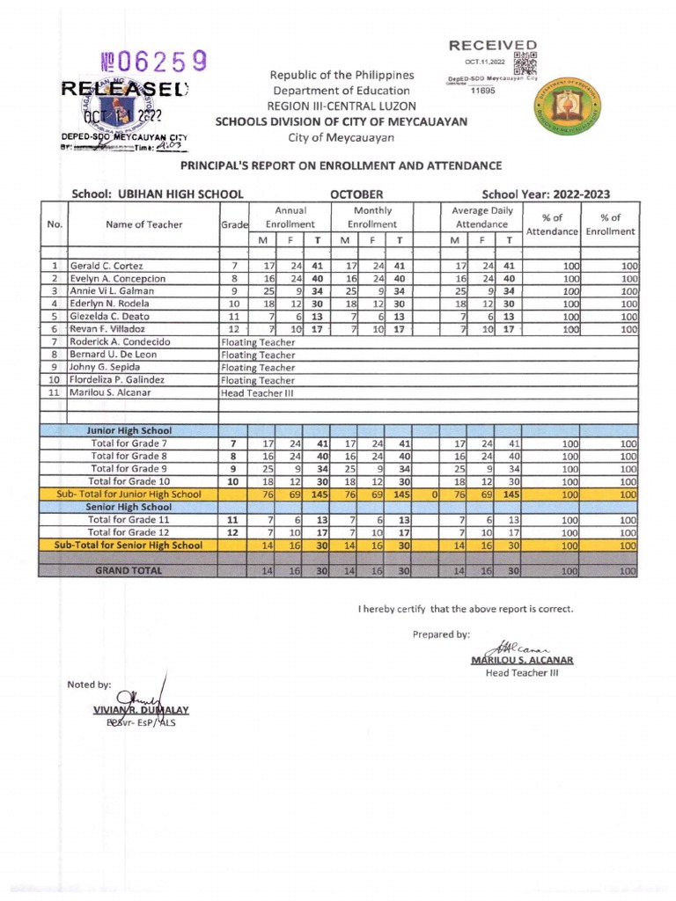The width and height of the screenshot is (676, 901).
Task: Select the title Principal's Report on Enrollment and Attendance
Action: point(341,165)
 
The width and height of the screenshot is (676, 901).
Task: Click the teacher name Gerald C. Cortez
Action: point(107,265)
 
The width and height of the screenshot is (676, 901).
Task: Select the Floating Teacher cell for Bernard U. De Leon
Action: point(258,355)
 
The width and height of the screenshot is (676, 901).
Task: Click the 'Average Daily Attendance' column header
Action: point(481,218)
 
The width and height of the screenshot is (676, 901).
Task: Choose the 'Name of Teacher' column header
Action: point(143,224)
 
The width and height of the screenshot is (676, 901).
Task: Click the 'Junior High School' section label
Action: point(129,430)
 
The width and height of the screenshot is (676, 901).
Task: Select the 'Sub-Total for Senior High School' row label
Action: point(129,546)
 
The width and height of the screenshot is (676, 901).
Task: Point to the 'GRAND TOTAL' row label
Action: point(129,570)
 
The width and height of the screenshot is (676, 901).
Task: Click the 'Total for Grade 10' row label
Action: point(129,481)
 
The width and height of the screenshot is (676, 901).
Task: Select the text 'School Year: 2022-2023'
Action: point(546,194)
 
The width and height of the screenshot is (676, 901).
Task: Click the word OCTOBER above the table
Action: point(356,194)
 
